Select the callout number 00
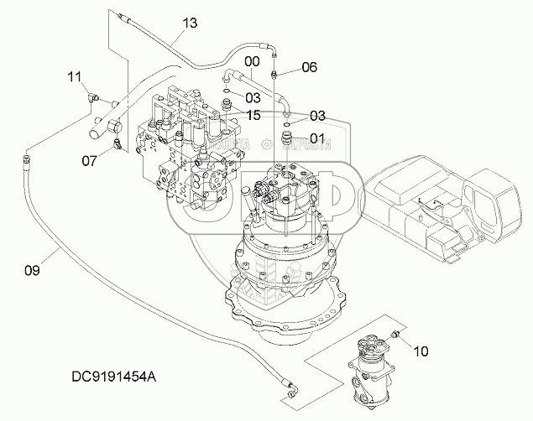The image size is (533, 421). pos(251,61)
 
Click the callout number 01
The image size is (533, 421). pos(316,138)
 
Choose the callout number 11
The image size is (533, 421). pos(75,78)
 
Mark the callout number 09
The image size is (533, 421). pos(31,270)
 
